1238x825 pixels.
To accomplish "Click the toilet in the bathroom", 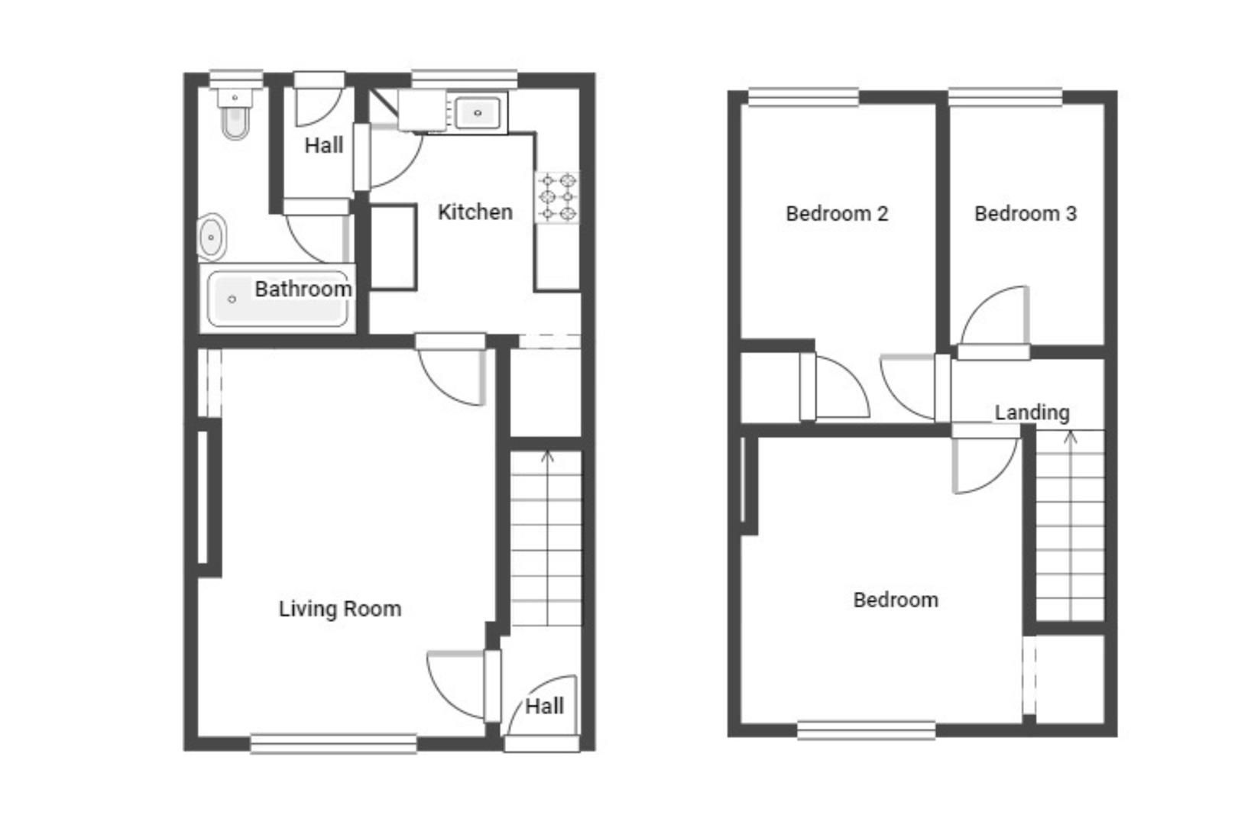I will [235, 118].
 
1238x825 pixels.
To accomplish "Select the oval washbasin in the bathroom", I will [211, 237].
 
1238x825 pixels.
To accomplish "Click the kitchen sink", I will [478, 113].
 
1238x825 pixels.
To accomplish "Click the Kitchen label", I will [475, 212].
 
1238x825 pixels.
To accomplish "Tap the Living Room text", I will [339, 609].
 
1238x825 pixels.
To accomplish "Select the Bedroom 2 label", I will [837, 213].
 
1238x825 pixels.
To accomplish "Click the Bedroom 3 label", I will [1026, 213].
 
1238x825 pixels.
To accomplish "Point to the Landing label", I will [1032, 412].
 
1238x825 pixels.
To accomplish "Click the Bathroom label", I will [303, 289].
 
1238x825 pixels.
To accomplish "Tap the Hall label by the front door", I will [544, 706].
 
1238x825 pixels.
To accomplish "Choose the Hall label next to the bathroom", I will [323, 145].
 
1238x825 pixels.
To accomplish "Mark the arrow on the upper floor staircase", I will [1070, 438].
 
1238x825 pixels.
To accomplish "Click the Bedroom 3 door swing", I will [993, 317].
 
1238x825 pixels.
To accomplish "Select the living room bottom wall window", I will [333, 743].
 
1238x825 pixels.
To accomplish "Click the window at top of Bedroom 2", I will [803, 97].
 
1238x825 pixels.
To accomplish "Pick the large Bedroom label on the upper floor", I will [896, 600].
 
